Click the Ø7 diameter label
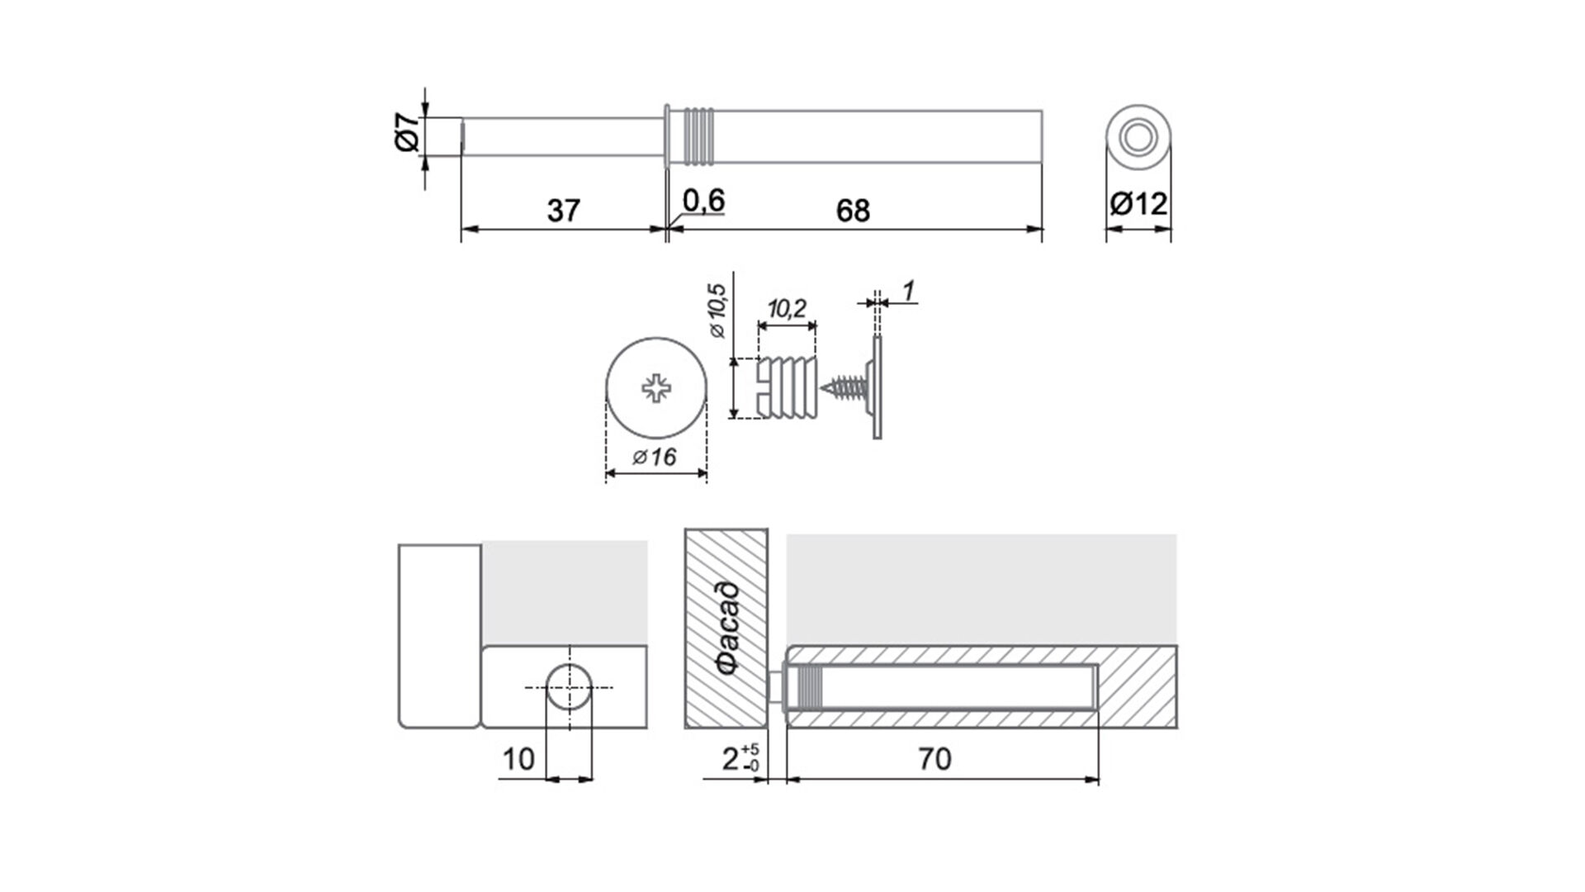point(406,133)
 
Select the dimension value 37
point(564,211)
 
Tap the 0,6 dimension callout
point(704,201)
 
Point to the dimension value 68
point(853,211)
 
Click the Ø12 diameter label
point(1139,203)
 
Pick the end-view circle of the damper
point(1138,138)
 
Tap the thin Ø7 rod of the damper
point(563,135)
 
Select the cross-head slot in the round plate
point(656,387)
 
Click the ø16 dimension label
point(655,457)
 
